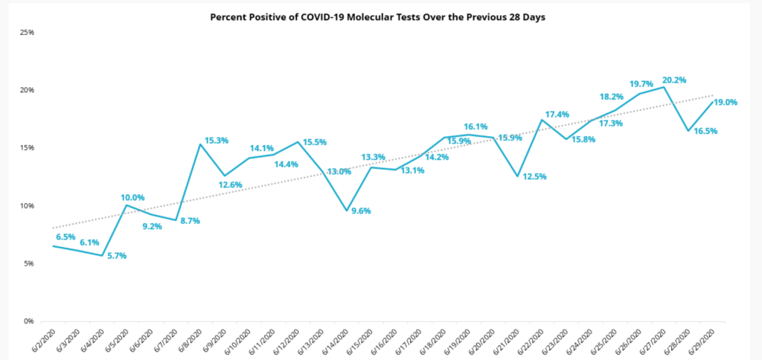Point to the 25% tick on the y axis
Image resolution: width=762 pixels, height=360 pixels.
pyautogui.click(x=28, y=33)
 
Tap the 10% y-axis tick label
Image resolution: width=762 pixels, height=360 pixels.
pyautogui.click(x=28, y=206)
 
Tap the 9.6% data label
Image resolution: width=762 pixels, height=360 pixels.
pyautogui.click(x=362, y=210)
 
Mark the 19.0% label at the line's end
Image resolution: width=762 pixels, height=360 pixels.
pyautogui.click(x=725, y=103)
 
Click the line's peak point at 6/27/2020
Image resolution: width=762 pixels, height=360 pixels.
pyautogui.click(x=664, y=87)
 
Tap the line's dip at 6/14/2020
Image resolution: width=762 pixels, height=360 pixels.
pyautogui.click(x=346, y=210)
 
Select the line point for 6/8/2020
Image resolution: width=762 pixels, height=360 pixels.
pyautogui.click(x=200, y=144)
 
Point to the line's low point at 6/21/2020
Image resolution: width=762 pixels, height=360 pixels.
pyautogui.click(x=516, y=176)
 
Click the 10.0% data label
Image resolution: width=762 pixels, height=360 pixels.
pyautogui.click(x=132, y=197)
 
